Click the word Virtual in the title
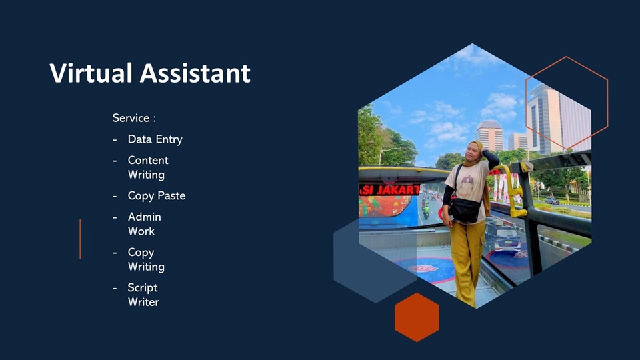(x=91, y=73)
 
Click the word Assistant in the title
(x=195, y=73)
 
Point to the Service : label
(x=134, y=118)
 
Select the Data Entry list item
(x=155, y=139)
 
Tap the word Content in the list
(x=148, y=160)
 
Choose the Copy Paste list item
(x=157, y=196)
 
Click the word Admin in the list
(x=145, y=217)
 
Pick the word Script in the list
(x=143, y=288)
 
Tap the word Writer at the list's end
(x=143, y=302)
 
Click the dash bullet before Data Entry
(x=115, y=140)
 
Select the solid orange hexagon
(x=417, y=317)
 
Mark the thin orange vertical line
(x=81, y=239)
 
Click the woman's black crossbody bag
(x=465, y=210)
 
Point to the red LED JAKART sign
(x=389, y=190)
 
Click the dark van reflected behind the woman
(x=501, y=236)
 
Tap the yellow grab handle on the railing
(x=514, y=190)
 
